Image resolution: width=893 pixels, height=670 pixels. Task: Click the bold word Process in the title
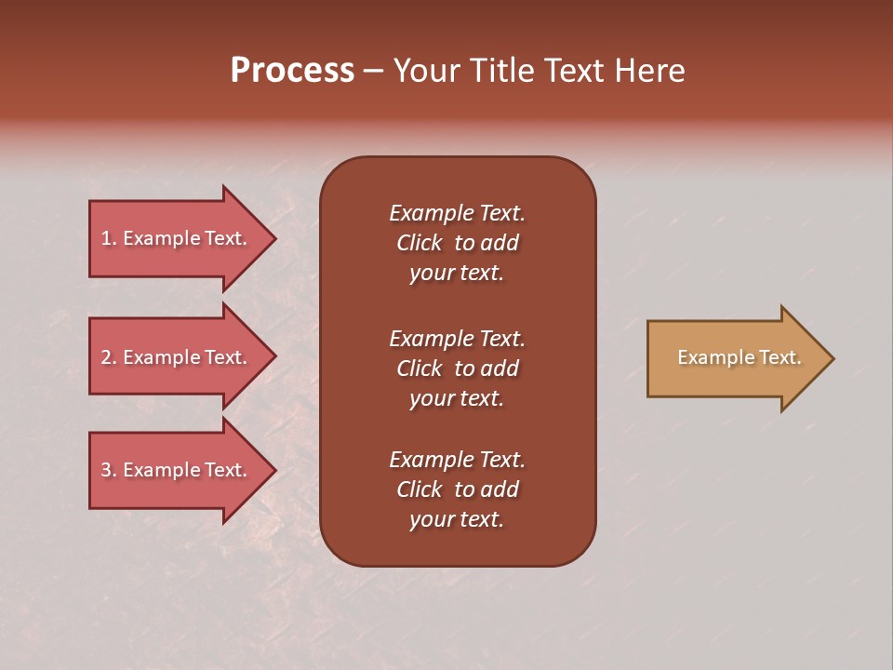click(292, 71)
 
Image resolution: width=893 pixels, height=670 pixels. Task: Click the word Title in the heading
click(502, 71)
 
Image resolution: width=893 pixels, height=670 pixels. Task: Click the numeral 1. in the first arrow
click(108, 238)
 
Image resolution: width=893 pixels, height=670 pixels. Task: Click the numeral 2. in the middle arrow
click(108, 357)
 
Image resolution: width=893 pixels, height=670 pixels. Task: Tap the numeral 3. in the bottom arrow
click(108, 470)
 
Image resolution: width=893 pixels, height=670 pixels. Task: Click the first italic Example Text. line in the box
click(457, 213)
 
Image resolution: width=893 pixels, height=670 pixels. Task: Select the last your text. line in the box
click(457, 519)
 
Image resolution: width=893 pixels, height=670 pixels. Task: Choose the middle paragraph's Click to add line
click(457, 368)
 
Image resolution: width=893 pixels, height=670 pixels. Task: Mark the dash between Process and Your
click(373, 71)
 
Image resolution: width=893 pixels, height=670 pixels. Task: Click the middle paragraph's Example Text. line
click(457, 338)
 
